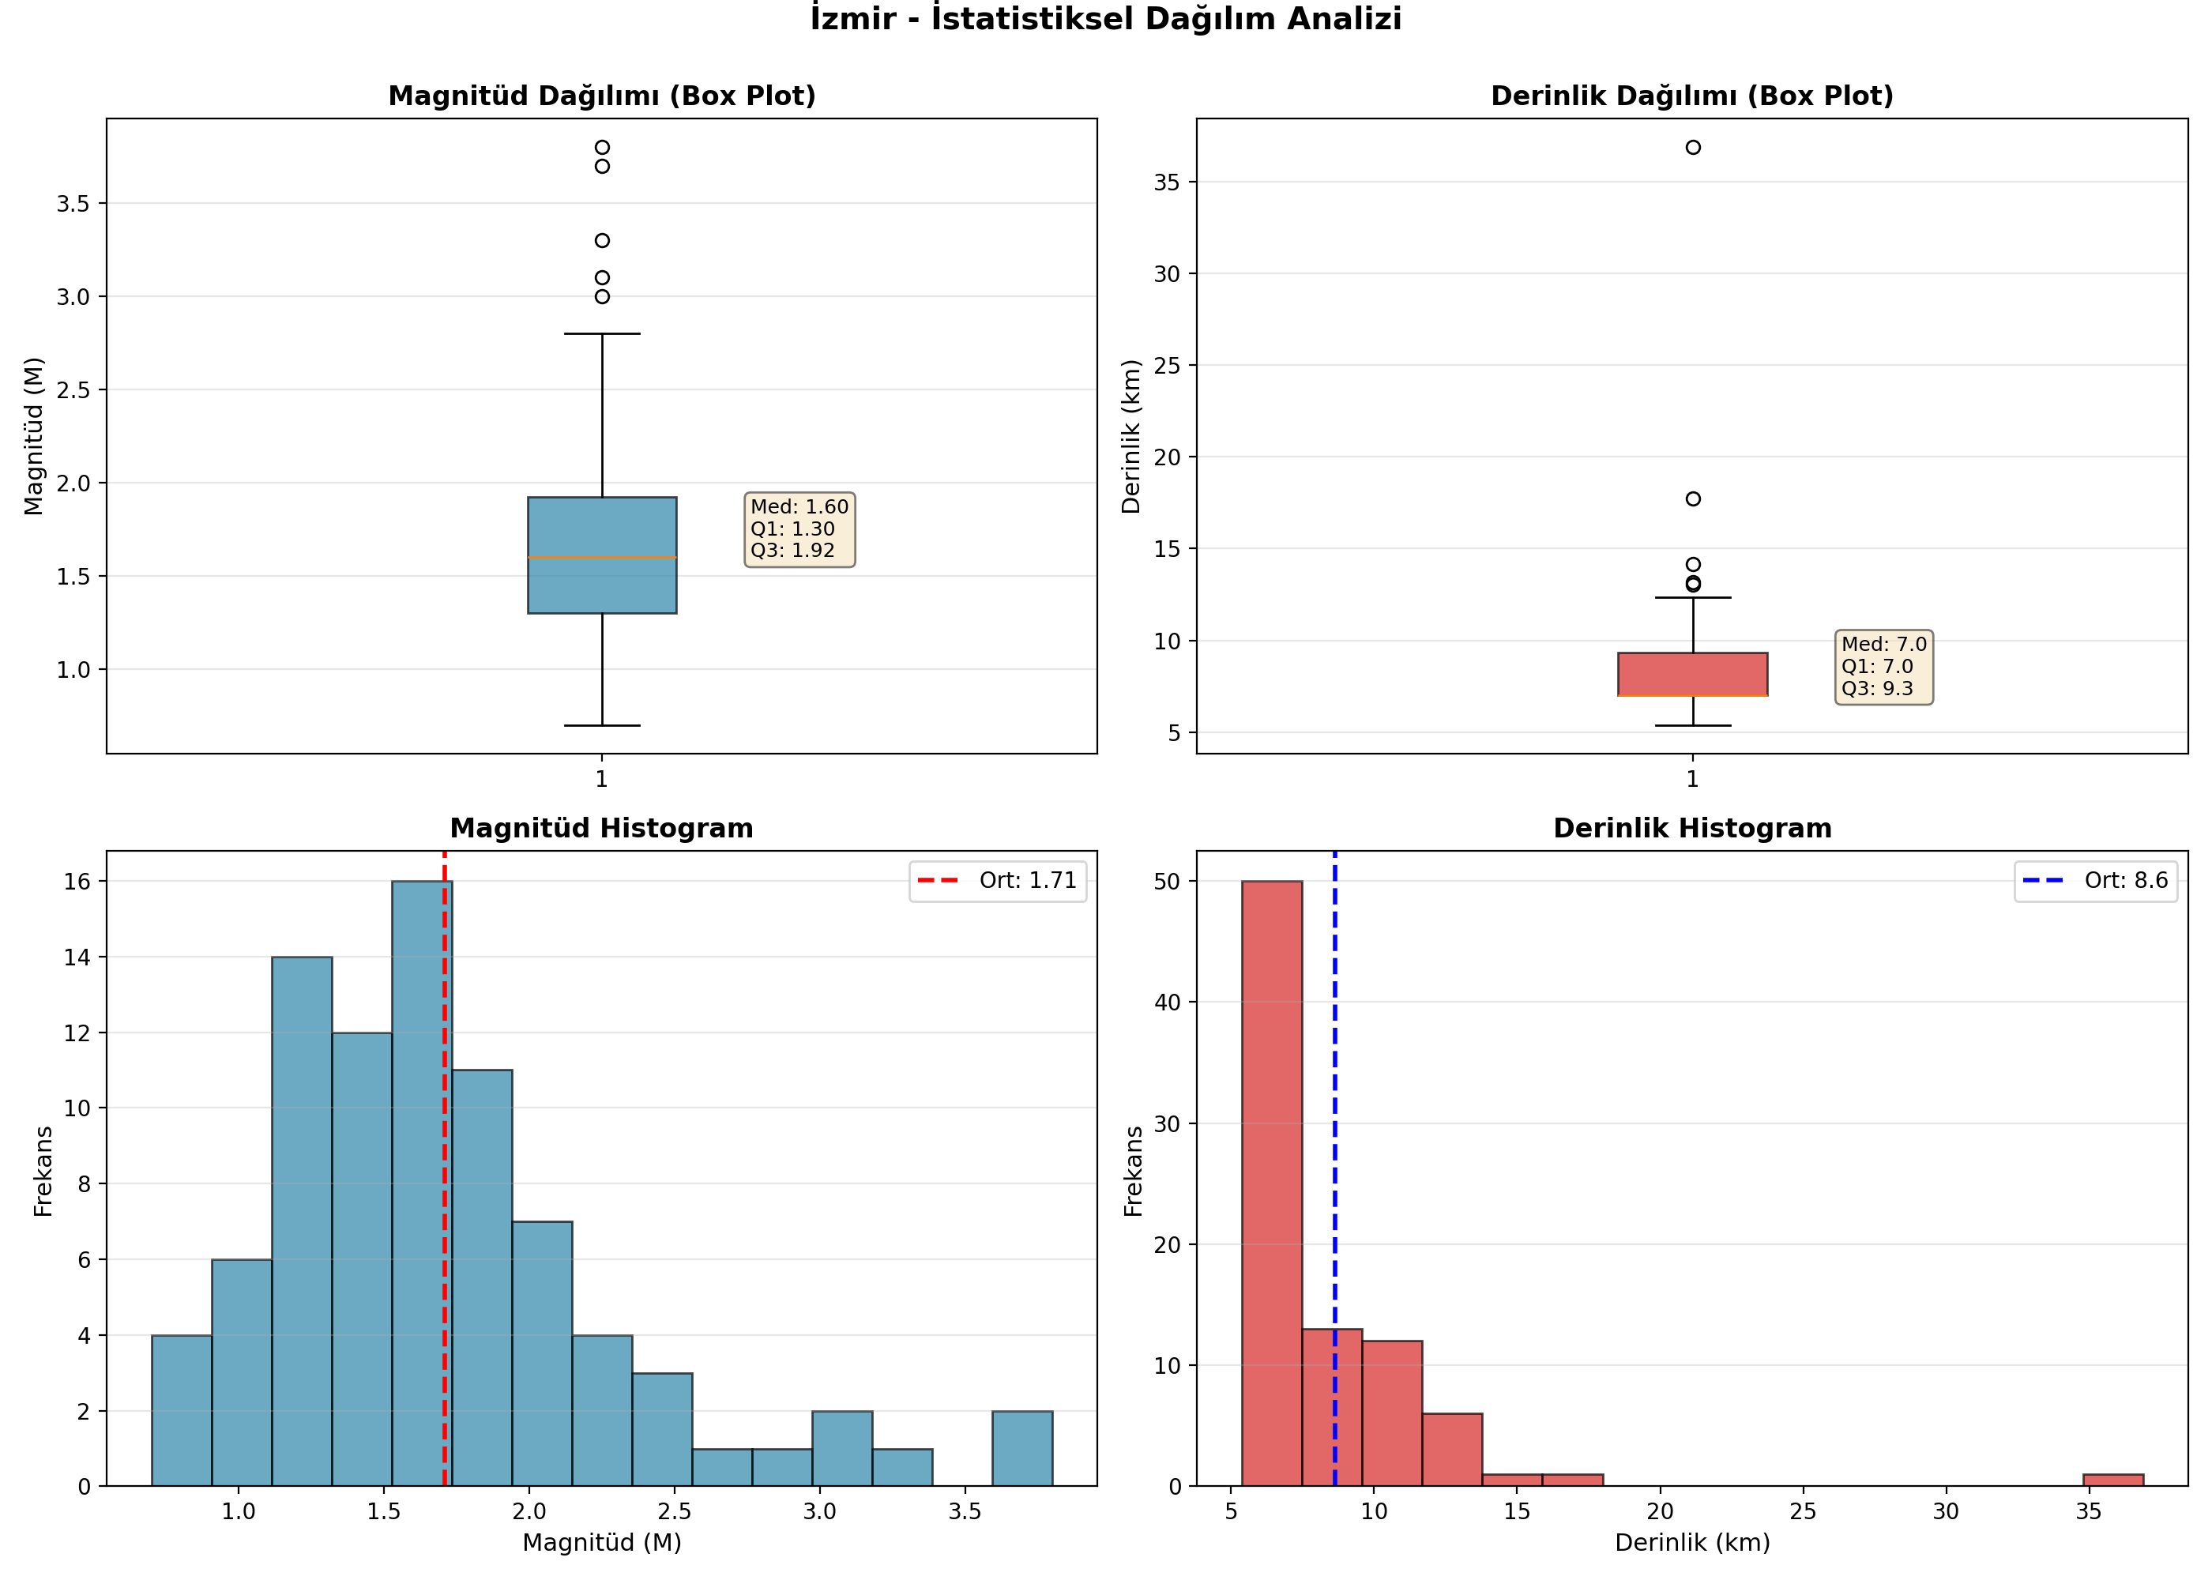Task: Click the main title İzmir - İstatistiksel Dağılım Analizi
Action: pos(1106,18)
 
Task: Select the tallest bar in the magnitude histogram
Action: pos(422,1183)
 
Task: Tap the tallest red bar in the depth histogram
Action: pos(1273,1183)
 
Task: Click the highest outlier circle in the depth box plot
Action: pos(1694,148)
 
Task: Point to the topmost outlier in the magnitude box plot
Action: pos(602,148)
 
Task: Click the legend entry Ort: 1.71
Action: pos(998,881)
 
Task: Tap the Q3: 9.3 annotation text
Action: pos(1877,688)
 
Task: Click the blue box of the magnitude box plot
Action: pos(602,555)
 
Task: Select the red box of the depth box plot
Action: pos(1692,674)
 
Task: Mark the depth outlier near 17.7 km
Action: pos(1694,499)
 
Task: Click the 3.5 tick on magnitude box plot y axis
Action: pos(72,203)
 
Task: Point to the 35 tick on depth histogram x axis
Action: pos(2089,1511)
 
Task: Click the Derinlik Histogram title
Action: pos(1692,828)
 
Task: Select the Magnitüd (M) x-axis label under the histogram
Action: pos(602,1543)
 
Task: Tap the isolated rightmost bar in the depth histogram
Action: pos(2114,1480)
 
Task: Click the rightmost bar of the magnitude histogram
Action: pos(1022,1448)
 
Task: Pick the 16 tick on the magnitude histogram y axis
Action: pos(77,882)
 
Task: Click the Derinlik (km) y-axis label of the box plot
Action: pos(1130,437)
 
